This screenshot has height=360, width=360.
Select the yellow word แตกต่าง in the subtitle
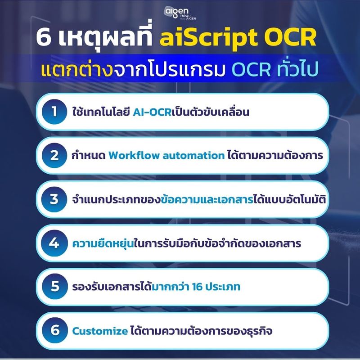(76, 71)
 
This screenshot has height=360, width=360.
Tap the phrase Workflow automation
(166, 156)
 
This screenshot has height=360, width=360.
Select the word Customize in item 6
(100, 331)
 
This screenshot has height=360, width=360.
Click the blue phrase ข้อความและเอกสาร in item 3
(202, 200)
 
